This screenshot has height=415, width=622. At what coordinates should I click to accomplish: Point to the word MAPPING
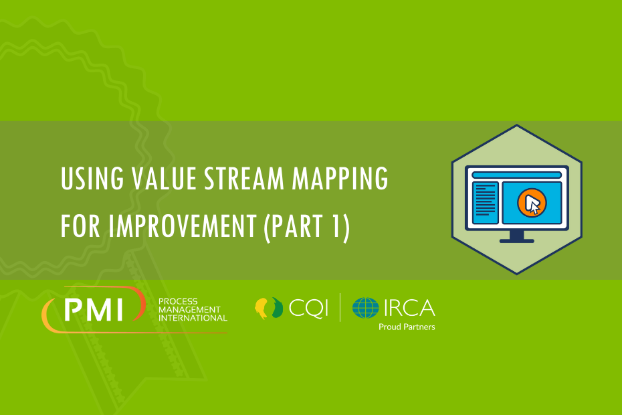[340, 178]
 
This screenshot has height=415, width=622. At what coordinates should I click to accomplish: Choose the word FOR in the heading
[80, 226]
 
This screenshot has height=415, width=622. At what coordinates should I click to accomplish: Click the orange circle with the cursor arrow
[532, 203]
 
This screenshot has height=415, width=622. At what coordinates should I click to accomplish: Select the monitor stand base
[516, 241]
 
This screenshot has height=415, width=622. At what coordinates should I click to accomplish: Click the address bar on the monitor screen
[516, 175]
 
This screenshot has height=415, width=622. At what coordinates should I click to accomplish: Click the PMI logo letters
[94, 310]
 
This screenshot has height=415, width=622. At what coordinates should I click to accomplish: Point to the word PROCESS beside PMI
[178, 301]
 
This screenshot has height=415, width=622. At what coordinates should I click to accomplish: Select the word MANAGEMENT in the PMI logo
[189, 310]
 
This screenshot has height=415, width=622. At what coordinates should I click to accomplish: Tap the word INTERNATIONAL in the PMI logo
[193, 318]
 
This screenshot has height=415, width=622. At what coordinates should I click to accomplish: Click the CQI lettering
[308, 308]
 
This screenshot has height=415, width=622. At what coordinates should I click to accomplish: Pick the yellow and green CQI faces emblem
[269, 308]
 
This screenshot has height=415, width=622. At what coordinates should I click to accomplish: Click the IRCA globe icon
[365, 308]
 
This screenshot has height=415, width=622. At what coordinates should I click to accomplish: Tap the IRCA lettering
[409, 308]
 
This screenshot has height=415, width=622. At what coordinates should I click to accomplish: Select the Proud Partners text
[407, 327]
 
